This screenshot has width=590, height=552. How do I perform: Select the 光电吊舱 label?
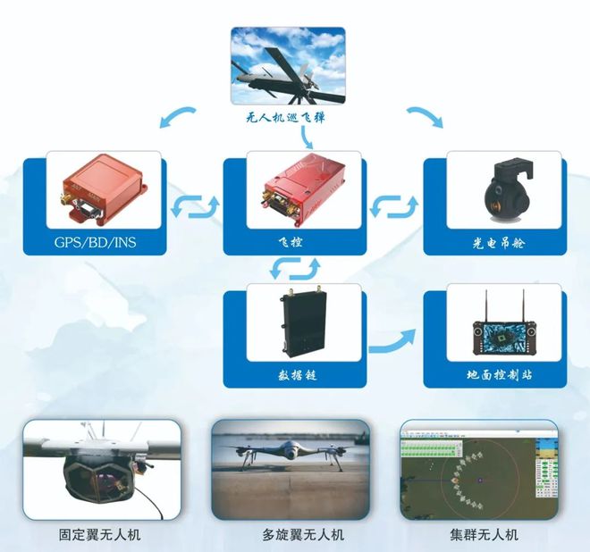click(493, 242)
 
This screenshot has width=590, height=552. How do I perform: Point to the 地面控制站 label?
click(493, 375)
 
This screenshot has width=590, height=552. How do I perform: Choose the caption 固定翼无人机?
click(105, 535)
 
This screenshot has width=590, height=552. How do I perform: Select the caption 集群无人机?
click(484, 535)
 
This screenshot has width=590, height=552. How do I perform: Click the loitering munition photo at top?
click(288, 66)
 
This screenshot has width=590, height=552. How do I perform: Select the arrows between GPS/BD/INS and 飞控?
click(193, 207)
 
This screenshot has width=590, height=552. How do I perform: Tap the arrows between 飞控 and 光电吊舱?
click(393, 207)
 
